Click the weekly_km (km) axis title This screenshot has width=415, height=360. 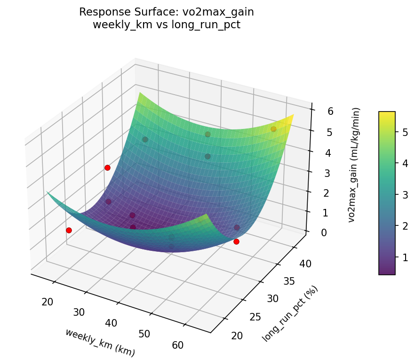(100, 342)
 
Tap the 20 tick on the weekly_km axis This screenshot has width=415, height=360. (47, 302)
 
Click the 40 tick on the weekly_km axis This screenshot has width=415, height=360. (112, 323)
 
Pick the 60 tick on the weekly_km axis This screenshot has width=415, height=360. (178, 345)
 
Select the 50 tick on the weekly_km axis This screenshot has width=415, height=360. (144, 334)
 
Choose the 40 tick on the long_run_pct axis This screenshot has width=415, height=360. (305, 264)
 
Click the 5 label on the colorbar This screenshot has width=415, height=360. (404, 133)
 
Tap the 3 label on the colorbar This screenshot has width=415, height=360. (404, 195)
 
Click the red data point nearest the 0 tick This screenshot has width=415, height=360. (236, 241)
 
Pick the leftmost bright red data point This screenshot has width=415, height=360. (69, 230)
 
